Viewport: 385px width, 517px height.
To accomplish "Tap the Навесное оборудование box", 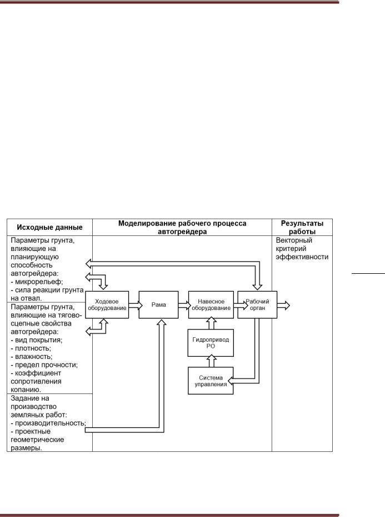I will coord(210,304).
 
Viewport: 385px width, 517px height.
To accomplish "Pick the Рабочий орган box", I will coord(257,304).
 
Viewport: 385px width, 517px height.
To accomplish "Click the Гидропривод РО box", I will coord(210,342).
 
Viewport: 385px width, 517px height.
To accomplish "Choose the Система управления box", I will coord(210,381).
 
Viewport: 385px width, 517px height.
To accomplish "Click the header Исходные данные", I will coord(50,227).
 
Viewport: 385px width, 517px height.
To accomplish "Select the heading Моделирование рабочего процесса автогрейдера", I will coord(182,227).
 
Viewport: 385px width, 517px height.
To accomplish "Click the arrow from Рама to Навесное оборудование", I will coord(183,305).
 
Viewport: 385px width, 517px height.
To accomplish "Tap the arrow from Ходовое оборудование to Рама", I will coord(133,305).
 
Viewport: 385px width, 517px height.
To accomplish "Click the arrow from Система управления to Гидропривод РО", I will coord(210,361).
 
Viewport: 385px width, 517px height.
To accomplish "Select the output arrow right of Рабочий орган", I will coord(282,305).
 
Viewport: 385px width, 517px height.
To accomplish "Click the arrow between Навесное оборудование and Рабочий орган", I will coord(235,305).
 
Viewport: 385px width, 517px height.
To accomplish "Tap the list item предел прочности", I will coord(45,365).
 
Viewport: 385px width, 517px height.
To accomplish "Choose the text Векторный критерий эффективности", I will coord(302,248).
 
